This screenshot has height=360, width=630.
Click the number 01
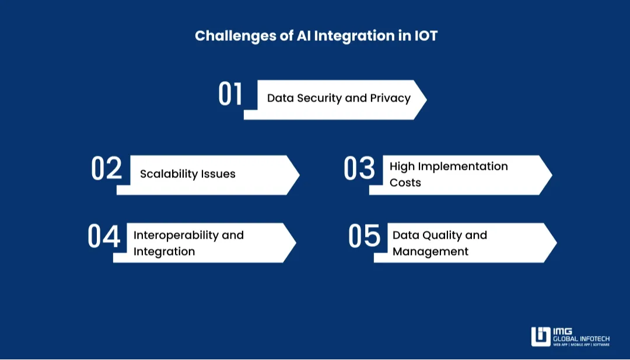point(230,95)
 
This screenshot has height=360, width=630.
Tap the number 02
point(107,169)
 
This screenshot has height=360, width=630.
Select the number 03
point(359,169)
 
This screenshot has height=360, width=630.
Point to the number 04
point(104,237)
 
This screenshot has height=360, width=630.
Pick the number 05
point(365,237)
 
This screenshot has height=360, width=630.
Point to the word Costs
point(405,183)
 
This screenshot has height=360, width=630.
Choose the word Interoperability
point(177,235)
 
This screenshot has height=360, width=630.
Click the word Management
point(430,251)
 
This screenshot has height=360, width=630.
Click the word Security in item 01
point(319,98)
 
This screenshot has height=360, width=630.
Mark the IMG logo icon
point(540,337)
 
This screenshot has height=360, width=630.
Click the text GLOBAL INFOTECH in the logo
point(581,338)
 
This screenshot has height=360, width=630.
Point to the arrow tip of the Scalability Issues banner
point(297,174)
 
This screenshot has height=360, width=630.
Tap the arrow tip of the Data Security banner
point(425,99)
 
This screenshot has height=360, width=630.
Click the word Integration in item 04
point(164,251)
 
